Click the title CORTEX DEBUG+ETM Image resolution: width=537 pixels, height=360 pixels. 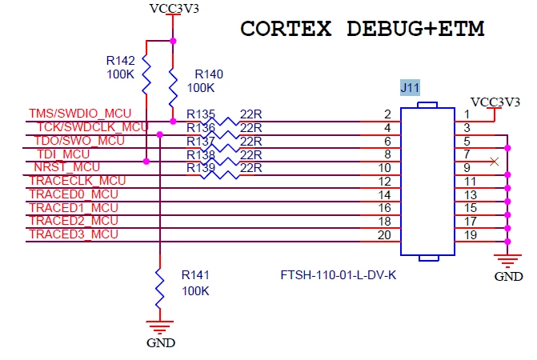(363, 29)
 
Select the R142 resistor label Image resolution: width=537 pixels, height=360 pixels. (120, 61)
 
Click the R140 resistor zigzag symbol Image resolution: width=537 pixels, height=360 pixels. (173, 87)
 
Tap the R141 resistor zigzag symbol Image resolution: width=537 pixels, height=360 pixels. (159, 288)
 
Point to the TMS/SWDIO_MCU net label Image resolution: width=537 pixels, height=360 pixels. (80, 114)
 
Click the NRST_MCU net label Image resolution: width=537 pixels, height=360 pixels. (66, 167)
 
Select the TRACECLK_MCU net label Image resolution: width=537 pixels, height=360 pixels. (78, 181)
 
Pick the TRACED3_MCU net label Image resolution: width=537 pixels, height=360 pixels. (74, 234)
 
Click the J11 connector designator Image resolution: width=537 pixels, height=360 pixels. (410, 88)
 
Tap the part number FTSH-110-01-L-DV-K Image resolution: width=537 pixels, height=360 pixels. (338, 275)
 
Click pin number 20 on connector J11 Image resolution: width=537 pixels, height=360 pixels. (384, 235)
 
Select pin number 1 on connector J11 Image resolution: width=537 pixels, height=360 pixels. (467, 114)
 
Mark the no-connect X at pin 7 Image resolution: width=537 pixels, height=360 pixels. (495, 162)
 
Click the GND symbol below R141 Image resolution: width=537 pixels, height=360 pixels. (159, 326)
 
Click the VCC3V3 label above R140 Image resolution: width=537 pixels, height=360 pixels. (174, 9)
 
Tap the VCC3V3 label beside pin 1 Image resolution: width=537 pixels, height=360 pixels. (495, 102)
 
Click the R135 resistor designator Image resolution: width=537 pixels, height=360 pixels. (201, 114)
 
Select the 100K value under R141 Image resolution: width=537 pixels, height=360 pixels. (195, 291)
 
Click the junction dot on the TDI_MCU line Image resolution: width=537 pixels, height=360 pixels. (146, 162)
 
